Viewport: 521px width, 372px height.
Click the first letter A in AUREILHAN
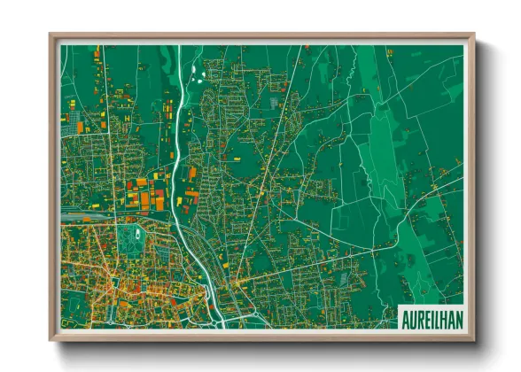tap(405, 317)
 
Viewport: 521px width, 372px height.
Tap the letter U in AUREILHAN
tap(412, 317)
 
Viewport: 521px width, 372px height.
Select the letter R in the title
tap(419, 317)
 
